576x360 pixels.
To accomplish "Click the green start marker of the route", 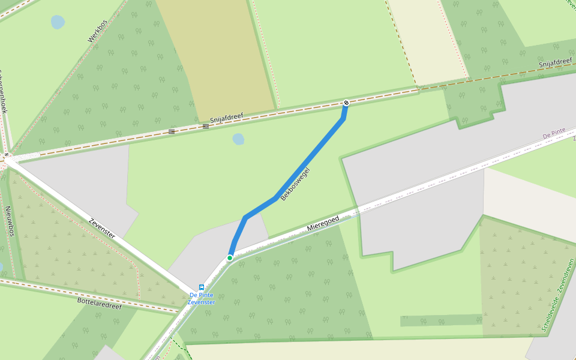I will (230, 258).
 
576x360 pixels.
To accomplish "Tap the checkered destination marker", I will (346, 103).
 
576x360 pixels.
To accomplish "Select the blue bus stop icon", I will (202, 287).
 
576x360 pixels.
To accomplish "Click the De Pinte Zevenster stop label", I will (202, 298).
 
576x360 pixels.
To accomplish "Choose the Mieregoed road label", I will (323, 224).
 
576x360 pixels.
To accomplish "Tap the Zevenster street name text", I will (102, 229).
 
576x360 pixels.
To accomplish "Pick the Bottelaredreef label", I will (100, 303).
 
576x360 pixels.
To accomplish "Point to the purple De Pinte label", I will (554, 133).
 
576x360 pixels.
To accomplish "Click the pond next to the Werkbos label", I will (58, 22).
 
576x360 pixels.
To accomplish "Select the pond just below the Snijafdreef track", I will (238, 139).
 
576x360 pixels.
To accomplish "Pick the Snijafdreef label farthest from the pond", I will (555, 63).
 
